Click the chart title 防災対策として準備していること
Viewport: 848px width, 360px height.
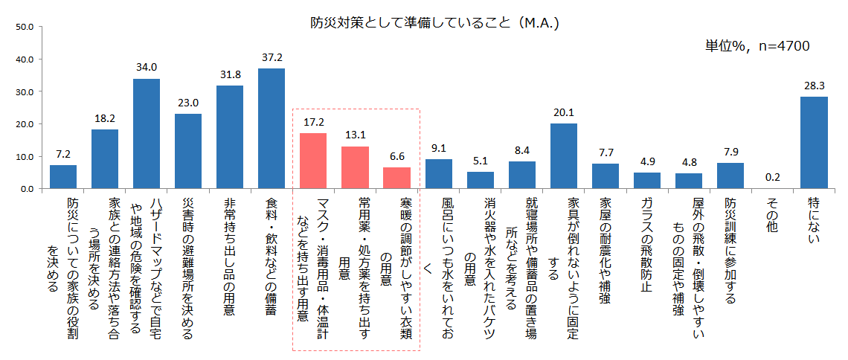point(434,23)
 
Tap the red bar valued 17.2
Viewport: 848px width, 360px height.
point(313,161)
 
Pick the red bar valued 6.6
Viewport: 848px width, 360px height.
point(396,178)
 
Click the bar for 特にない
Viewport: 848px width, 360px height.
point(814,143)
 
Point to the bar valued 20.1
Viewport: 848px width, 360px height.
point(564,156)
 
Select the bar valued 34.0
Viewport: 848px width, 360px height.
point(147,134)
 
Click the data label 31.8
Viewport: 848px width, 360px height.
point(230,74)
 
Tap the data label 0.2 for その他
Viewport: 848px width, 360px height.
point(772,177)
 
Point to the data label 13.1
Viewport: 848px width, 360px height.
point(355,135)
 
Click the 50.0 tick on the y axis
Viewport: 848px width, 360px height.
point(25,27)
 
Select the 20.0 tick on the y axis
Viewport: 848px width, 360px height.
point(25,124)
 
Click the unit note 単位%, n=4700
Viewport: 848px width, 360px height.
point(757,46)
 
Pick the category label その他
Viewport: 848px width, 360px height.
point(772,216)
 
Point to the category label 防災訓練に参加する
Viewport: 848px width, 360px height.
point(730,250)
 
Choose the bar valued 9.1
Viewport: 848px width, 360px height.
point(439,174)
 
